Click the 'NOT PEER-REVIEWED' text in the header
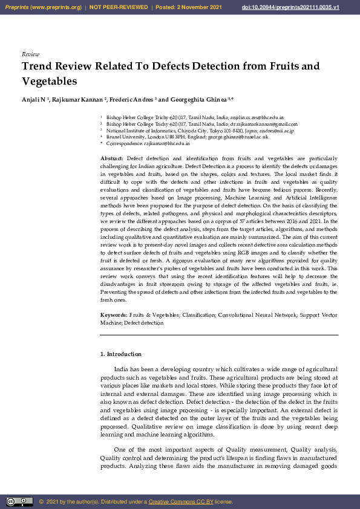(x=119, y=7)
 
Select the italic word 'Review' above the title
(x=30, y=54)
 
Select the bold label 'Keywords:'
(x=114, y=316)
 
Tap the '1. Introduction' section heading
(x=120, y=354)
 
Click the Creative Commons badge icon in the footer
(x=19, y=501)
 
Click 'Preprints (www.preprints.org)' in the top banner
(x=43, y=7)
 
